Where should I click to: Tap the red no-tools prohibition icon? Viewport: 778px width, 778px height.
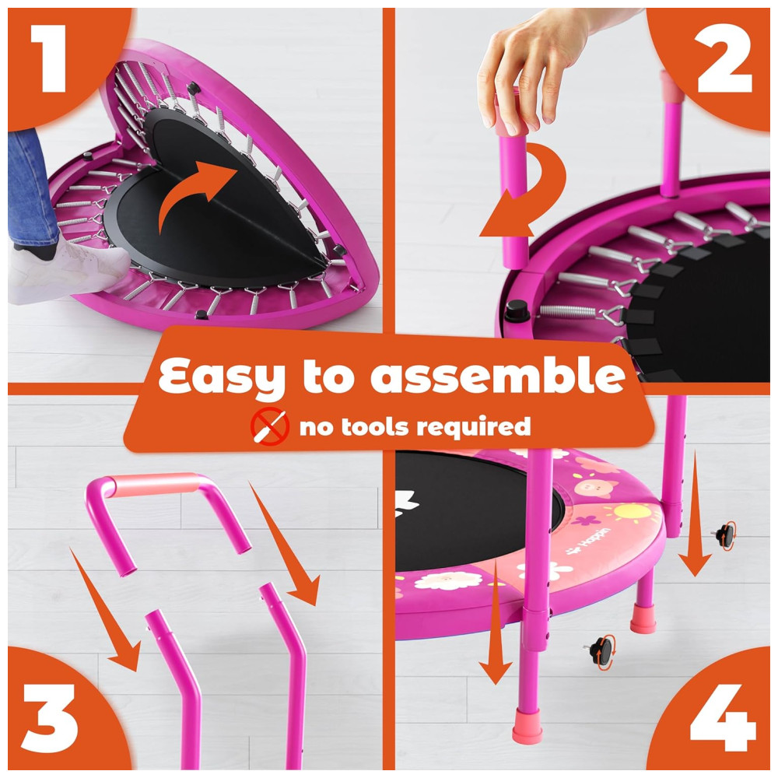[269, 426]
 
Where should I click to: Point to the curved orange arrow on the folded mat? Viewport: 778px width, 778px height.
[194, 191]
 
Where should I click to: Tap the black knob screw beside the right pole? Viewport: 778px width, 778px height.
[725, 535]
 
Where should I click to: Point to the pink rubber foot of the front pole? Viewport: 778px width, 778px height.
[527, 726]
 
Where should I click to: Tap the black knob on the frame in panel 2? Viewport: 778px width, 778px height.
[516, 310]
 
